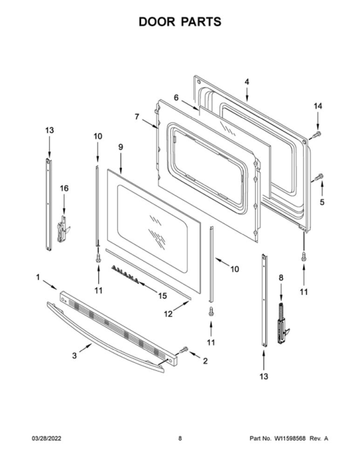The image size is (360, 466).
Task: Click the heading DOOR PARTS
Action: (180, 22)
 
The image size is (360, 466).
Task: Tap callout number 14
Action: (317, 106)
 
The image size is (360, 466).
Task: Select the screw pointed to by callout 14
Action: (316, 135)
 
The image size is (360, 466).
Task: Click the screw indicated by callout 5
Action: (319, 177)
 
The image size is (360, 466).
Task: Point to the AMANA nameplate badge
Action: (125, 274)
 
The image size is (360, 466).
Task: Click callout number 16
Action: (64, 188)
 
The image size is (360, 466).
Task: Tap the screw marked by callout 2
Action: (184, 350)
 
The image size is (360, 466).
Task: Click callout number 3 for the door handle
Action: (74, 355)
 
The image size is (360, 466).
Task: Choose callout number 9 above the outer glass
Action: (121, 147)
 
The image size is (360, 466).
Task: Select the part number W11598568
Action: (290, 439)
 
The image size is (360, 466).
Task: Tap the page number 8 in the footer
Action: (180, 439)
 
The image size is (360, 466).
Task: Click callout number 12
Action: (168, 314)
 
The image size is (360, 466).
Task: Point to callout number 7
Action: (137, 117)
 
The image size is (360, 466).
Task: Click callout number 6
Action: (176, 98)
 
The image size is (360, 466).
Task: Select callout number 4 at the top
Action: (247, 82)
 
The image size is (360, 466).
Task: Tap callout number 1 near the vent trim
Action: (38, 277)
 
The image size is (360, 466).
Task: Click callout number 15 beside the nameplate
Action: (162, 296)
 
